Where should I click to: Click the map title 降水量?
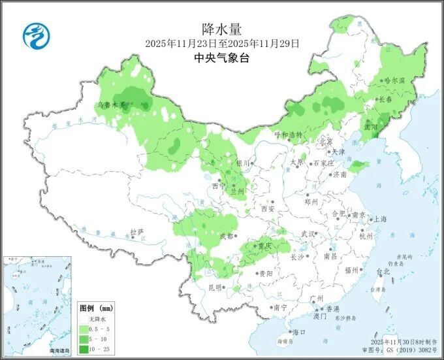point(222,28)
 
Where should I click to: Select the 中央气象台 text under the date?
point(222,58)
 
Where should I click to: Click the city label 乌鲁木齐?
point(109,104)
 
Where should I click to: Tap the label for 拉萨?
point(136,232)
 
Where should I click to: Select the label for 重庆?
point(264,246)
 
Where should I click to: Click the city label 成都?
point(226,236)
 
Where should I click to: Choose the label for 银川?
point(243,163)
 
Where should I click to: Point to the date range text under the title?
point(222,43)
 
